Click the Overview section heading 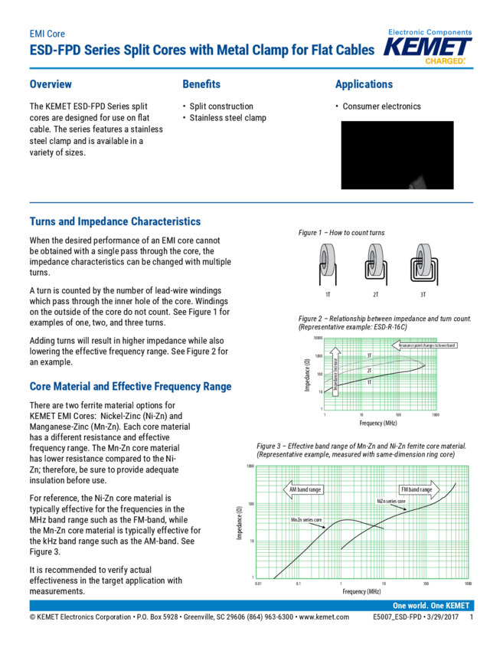(51, 84)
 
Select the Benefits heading (201, 84)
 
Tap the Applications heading (364, 84)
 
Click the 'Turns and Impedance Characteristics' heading (115, 221)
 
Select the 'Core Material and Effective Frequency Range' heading (130, 387)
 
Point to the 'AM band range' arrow (304, 488)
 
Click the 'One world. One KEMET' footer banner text (431, 605)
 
